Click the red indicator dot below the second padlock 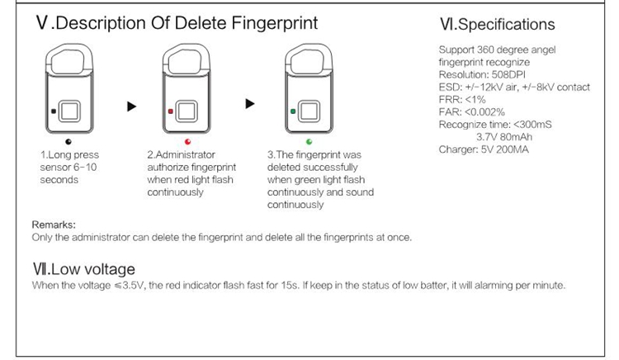[187, 142]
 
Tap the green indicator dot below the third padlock [309, 142]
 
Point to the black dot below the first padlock [69, 142]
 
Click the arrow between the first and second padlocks [131, 107]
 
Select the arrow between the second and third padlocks [250, 104]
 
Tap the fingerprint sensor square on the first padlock [69, 111]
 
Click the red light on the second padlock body [171, 111]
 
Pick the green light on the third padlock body [293, 111]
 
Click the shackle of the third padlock [309, 47]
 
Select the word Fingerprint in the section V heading [274, 23]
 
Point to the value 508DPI [508, 74]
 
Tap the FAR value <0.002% [484, 112]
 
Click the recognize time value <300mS [532, 125]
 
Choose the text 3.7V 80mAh [504, 137]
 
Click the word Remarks [54, 225]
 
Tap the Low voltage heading [83, 269]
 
